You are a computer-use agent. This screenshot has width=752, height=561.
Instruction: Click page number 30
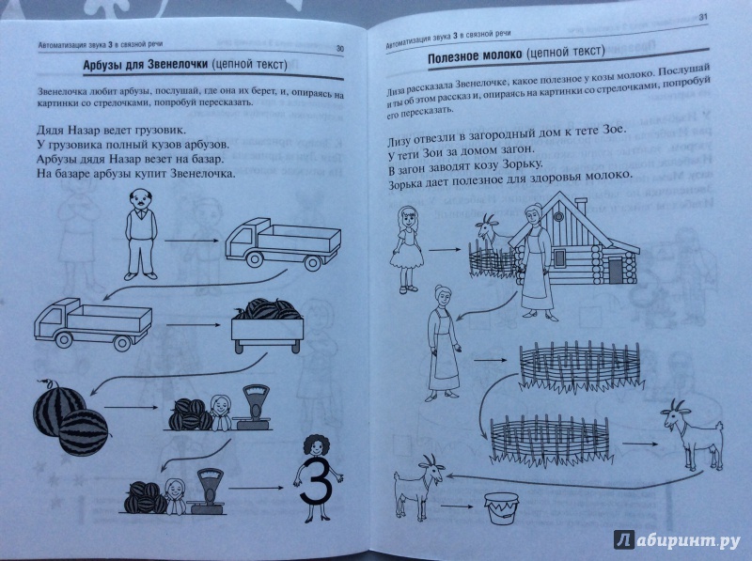coord(340,49)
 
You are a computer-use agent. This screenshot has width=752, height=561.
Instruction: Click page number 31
coord(703,17)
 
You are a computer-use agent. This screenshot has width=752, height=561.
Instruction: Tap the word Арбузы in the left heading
coord(101,65)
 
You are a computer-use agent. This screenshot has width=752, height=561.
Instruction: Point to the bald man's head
coord(142,197)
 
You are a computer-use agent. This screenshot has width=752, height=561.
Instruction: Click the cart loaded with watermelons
coord(267,325)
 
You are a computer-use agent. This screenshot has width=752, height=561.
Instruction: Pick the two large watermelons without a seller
coord(70,416)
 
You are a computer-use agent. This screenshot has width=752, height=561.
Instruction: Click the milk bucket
coord(501,508)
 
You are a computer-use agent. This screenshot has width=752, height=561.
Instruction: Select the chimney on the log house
coord(580,206)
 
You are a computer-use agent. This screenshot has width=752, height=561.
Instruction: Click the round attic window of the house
coord(558,216)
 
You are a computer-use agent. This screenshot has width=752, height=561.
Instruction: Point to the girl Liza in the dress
coord(407,249)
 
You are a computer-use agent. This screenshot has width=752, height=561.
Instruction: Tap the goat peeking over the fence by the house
coord(490,231)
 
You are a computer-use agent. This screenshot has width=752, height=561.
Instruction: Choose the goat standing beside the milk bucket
coord(417,487)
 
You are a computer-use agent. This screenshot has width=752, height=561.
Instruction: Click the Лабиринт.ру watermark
coord(677,540)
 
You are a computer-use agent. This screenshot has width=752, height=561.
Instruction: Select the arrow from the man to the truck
coord(193,241)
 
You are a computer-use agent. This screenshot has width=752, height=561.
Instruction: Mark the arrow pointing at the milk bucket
coord(457,506)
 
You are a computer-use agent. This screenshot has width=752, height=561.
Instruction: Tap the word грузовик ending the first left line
coord(162,130)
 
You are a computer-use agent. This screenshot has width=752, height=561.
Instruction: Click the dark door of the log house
coord(616,270)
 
